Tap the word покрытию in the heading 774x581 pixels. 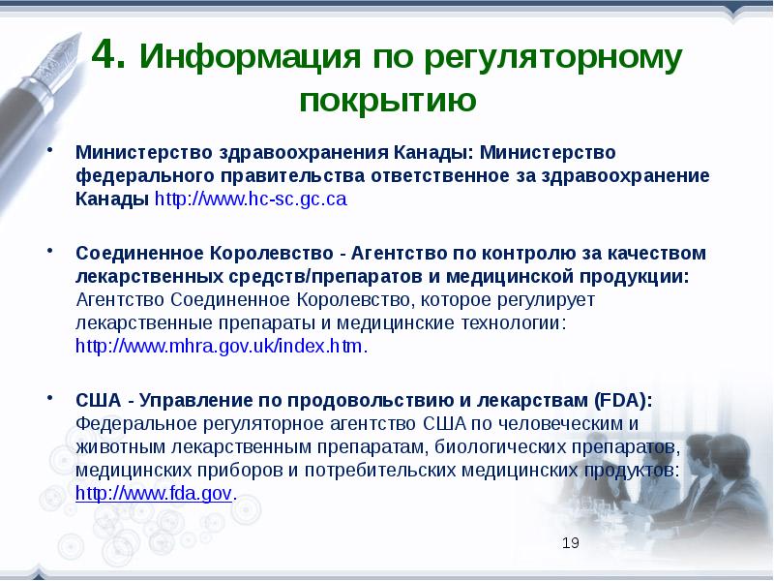(x=387, y=100)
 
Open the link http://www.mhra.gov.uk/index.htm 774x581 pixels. (x=221, y=346)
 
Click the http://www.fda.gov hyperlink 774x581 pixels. (x=154, y=493)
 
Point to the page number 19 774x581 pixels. (x=571, y=542)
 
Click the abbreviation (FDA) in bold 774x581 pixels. (x=625, y=400)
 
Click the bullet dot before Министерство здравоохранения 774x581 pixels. (x=51, y=153)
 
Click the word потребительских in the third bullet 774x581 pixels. (x=378, y=470)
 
